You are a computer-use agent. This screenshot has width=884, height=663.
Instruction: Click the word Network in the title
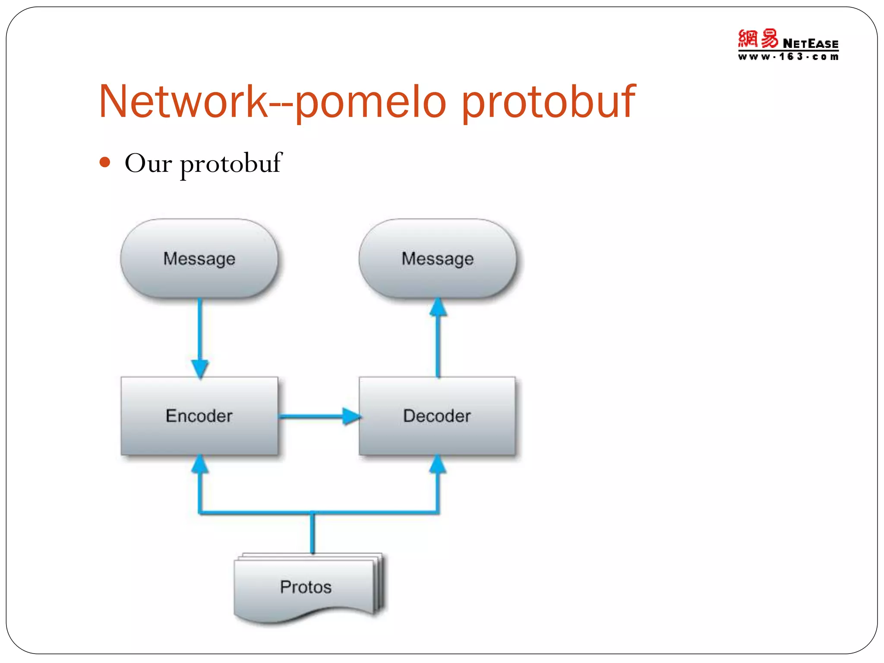(x=183, y=102)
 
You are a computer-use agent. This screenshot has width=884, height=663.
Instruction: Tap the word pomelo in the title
(x=370, y=102)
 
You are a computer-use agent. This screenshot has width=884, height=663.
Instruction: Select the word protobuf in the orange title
(x=548, y=102)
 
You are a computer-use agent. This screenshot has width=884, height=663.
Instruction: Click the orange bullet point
(x=105, y=163)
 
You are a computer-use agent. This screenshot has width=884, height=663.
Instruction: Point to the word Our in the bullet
(x=148, y=164)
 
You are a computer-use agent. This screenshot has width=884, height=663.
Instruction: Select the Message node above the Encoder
(x=199, y=259)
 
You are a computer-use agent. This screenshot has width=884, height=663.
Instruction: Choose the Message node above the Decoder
(x=437, y=259)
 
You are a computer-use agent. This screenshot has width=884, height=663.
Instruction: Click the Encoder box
(x=199, y=416)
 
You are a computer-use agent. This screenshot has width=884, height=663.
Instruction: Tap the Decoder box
(x=437, y=416)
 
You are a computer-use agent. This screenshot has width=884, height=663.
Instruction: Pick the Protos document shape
(x=306, y=587)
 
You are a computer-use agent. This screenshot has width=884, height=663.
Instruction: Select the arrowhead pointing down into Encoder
(x=200, y=368)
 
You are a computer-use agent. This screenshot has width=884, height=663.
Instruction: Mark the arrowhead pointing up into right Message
(x=438, y=307)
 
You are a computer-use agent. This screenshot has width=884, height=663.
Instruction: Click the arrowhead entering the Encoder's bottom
(x=200, y=464)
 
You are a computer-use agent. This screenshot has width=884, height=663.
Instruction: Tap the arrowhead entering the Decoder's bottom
(x=438, y=464)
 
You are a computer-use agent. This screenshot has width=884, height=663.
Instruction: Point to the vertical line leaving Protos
(x=313, y=533)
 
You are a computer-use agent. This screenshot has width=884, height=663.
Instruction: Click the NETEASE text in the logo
(x=810, y=44)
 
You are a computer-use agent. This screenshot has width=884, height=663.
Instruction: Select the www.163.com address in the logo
(x=788, y=57)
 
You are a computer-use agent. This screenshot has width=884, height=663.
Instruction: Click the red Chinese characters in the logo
(x=758, y=39)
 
